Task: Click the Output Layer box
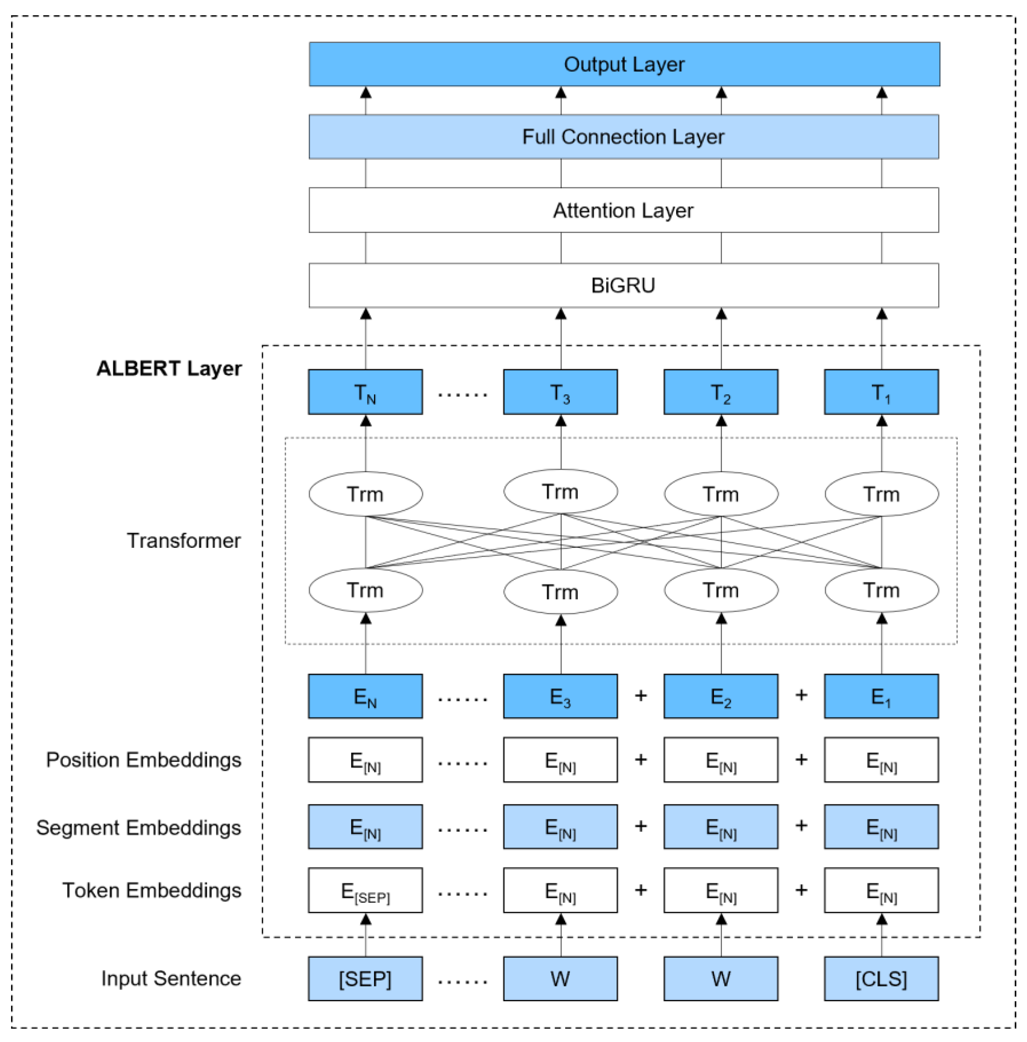point(624,64)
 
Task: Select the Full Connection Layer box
point(624,137)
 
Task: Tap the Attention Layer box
point(624,210)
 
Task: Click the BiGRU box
point(624,285)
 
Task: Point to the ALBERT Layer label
point(169,368)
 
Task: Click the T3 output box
point(561,392)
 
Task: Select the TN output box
point(365,392)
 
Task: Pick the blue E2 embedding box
point(721,696)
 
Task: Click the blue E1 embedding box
point(881,696)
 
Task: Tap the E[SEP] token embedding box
point(365,891)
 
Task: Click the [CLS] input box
point(881,979)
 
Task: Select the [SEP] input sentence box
point(365,979)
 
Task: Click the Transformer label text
point(183,540)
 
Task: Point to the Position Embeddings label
point(143,760)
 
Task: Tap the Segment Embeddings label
point(138,827)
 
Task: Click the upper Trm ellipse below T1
point(881,494)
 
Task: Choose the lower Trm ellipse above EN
point(365,590)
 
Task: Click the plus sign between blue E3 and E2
point(641,696)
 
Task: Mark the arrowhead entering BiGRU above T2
point(721,314)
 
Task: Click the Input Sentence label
point(171,978)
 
